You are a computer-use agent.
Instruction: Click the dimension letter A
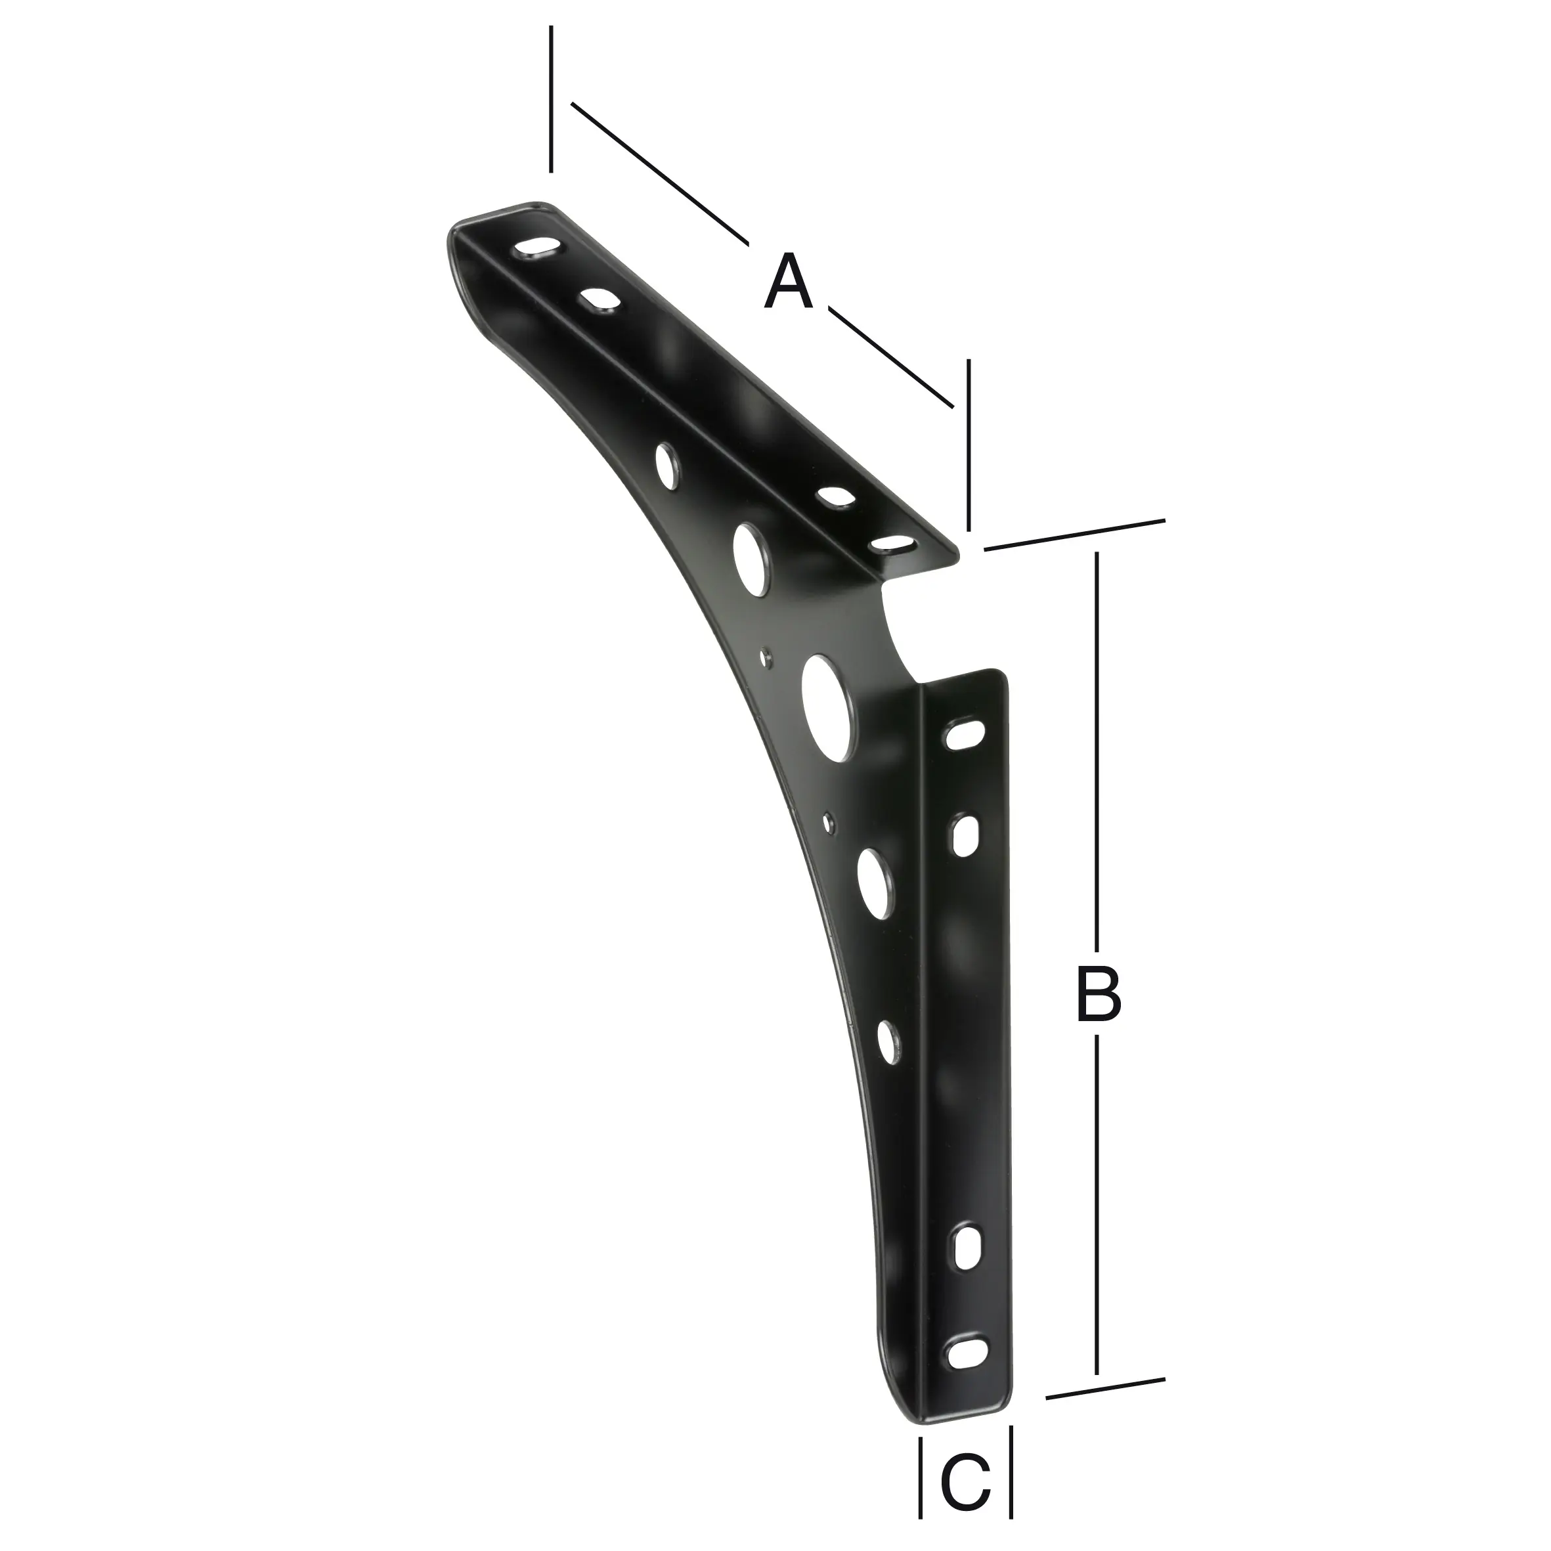coord(789,282)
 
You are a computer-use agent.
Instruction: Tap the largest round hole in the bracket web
coord(827,707)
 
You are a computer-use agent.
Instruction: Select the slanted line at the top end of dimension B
coord(1074,535)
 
